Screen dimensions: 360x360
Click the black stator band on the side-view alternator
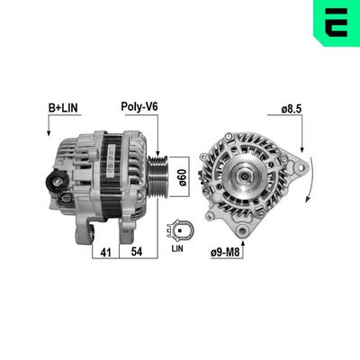(116, 175)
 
